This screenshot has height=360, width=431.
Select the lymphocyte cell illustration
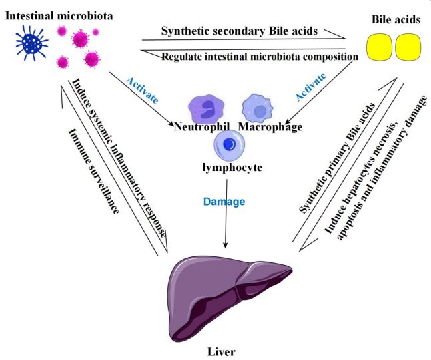[x=230, y=143]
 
